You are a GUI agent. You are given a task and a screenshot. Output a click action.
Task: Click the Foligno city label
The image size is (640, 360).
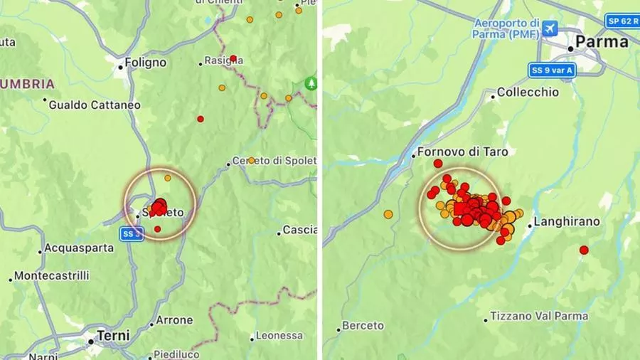point(145,63)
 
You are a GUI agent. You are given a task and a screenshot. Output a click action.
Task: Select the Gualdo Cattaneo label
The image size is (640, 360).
point(95,105)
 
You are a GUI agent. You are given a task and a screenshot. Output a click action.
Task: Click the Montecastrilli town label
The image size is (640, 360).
point(51,275)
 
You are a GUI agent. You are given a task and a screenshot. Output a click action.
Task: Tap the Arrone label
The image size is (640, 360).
point(174,320)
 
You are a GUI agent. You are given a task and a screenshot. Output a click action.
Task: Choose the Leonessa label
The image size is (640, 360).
point(279,335)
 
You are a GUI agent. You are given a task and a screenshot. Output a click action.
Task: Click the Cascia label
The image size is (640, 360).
point(299,230)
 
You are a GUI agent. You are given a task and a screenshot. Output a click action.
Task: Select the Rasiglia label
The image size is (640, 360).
point(223,60)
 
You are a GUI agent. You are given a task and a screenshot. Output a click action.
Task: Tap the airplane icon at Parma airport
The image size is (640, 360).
point(548,28)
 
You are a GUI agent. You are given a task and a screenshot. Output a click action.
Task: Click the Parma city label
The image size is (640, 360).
point(602,42)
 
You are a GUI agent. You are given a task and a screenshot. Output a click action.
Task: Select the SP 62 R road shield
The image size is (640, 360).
point(622,21)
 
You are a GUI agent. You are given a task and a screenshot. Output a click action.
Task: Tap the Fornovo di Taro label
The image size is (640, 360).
point(457,152)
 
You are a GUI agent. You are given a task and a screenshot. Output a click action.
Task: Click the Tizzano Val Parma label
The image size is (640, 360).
point(540,316)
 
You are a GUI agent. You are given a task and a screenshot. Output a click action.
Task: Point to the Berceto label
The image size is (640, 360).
point(363,326)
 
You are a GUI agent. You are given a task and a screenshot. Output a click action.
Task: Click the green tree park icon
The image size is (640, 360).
point(311,83)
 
